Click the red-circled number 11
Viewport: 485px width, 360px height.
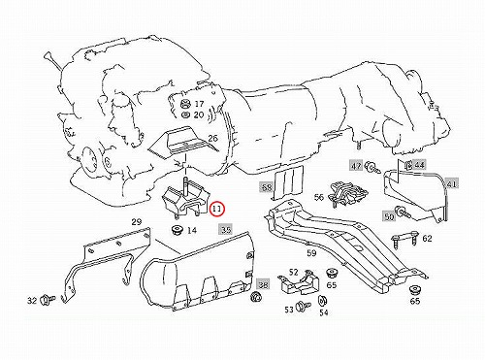tap(216, 210)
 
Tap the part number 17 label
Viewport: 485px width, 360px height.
tap(199, 104)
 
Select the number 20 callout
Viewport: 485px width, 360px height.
tap(199, 115)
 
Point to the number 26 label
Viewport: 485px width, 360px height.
tap(212, 139)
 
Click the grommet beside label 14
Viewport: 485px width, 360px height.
tap(177, 231)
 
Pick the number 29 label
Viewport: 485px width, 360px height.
tap(137, 222)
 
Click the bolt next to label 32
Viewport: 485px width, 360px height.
tap(47, 300)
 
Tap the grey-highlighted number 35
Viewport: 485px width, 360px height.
tap(225, 229)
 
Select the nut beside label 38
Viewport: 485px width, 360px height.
tap(257, 297)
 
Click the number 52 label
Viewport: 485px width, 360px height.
tap(293, 273)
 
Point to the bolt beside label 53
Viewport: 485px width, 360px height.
tap(304, 306)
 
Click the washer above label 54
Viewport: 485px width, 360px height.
tap(322, 301)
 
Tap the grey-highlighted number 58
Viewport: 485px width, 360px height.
tap(267, 186)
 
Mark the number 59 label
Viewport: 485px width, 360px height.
tap(311, 253)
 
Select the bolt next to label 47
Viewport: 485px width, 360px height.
tap(372, 168)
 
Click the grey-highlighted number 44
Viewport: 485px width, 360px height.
tap(419, 165)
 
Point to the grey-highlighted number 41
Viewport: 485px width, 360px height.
tap(452, 184)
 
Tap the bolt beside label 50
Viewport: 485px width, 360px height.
tap(404, 212)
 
